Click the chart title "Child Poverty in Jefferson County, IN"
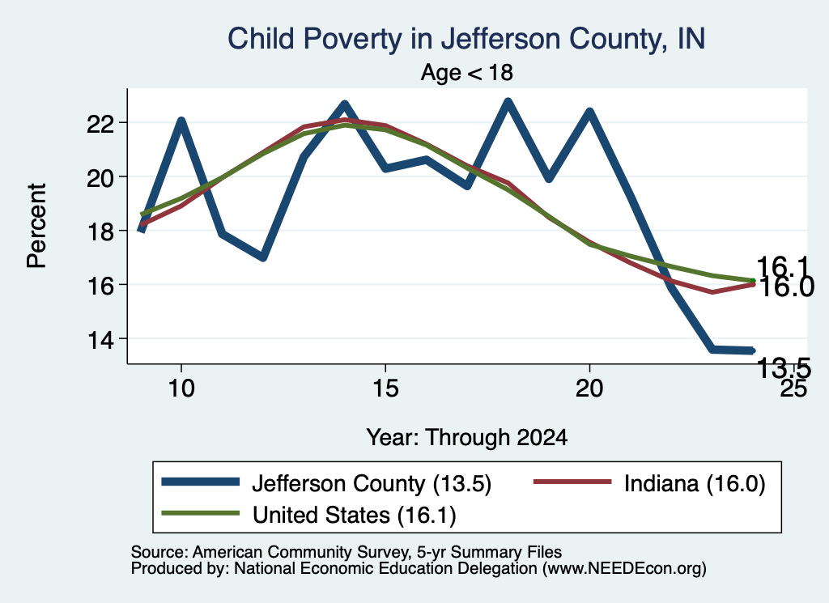coord(466,40)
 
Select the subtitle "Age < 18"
coord(467,73)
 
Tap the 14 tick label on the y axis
coord(101,339)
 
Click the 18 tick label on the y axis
coord(101,231)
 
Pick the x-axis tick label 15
coord(385,389)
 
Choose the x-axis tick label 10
coord(181,389)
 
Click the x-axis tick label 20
coord(589,389)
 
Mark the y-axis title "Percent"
coord(36,226)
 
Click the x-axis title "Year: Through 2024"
coord(467,438)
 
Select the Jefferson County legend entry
coord(326,483)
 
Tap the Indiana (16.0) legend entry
coord(649,483)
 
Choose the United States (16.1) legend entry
coord(308,515)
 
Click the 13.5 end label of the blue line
coord(784,367)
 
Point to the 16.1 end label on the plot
coord(783,266)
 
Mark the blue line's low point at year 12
coord(263,257)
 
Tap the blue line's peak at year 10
coord(181,121)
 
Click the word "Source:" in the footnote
coord(159,552)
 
